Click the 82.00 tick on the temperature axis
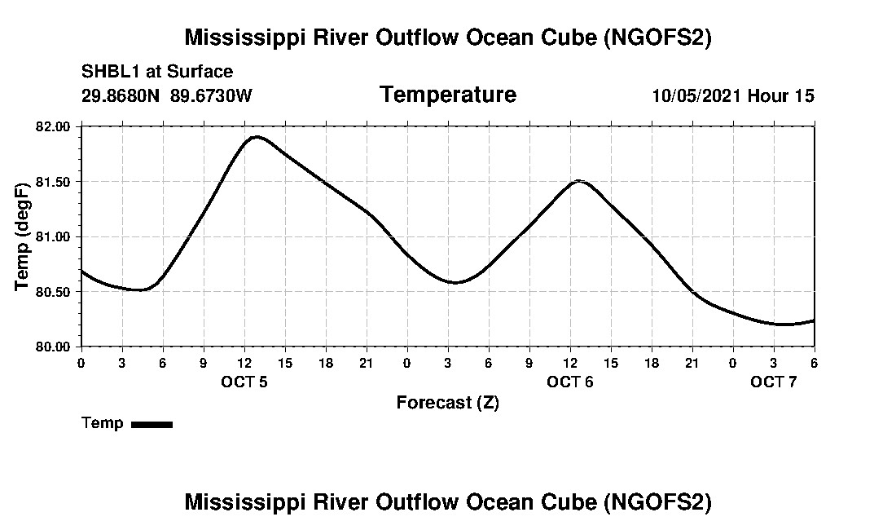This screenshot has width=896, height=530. click(x=53, y=126)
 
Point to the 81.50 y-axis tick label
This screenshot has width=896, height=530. click(x=53, y=181)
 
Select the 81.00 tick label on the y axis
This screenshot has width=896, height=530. click(x=53, y=236)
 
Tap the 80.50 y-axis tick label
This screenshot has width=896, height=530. click(x=53, y=291)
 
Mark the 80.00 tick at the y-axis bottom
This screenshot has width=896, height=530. click(x=53, y=346)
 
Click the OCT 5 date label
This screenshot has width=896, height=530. click(x=244, y=382)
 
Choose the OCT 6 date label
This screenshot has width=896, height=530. click(x=569, y=382)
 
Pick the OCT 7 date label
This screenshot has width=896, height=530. click(x=773, y=382)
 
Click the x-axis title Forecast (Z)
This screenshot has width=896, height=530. click(x=447, y=403)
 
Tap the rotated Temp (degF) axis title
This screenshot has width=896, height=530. click(x=23, y=236)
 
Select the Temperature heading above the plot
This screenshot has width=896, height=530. click(x=447, y=95)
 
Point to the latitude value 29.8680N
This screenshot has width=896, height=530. click(x=121, y=96)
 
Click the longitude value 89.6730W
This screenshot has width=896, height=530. click(x=211, y=96)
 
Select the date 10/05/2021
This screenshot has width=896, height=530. click(x=696, y=96)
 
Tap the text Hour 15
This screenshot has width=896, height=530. click(x=780, y=96)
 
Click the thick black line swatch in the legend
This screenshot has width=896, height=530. click(x=152, y=424)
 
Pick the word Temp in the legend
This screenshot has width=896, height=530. click(x=103, y=423)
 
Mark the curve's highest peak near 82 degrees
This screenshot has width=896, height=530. click(x=257, y=137)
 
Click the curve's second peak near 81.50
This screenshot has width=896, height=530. click(x=578, y=181)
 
